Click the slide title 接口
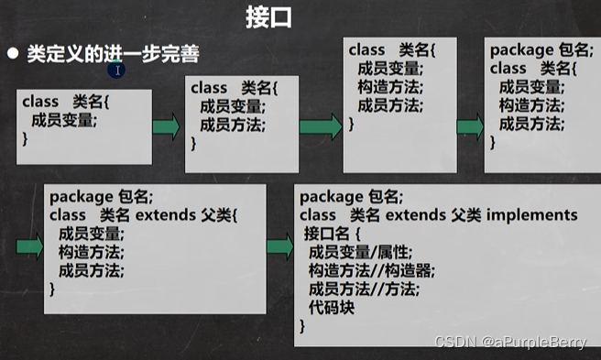(x=268, y=17)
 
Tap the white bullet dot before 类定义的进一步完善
(x=13, y=54)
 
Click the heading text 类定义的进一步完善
(x=114, y=55)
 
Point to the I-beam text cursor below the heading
(x=119, y=70)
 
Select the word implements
(x=535, y=215)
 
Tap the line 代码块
(x=332, y=307)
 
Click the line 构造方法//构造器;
(x=370, y=270)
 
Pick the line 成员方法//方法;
(x=364, y=289)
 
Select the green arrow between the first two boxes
(x=166, y=126)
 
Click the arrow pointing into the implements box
(x=280, y=245)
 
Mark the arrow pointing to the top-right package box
(x=469, y=127)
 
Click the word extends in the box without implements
(x=166, y=215)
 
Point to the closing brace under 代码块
(x=303, y=325)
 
